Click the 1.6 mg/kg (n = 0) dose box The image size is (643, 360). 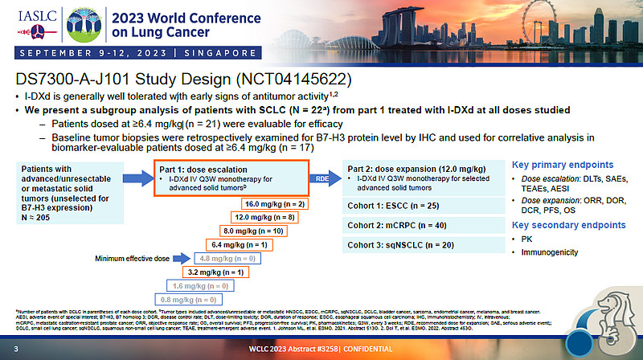coord(195,285)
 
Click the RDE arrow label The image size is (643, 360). coord(321,178)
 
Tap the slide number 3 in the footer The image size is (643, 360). coord(15,351)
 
